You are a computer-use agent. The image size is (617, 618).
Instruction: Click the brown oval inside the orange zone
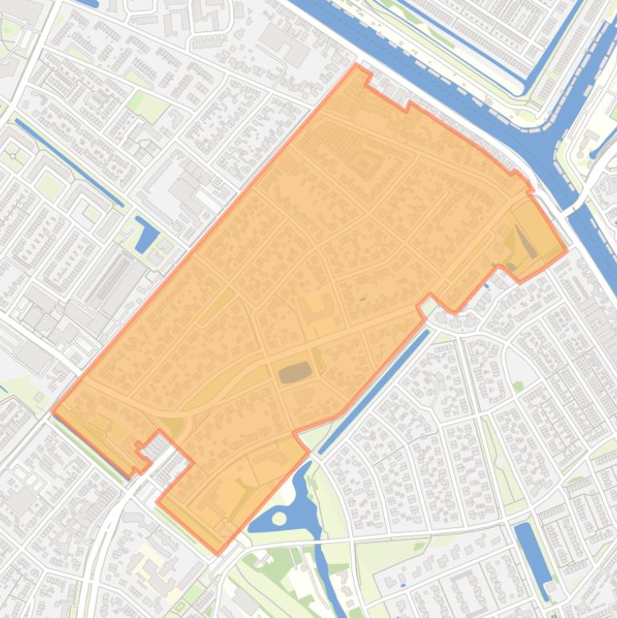click(295, 372)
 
